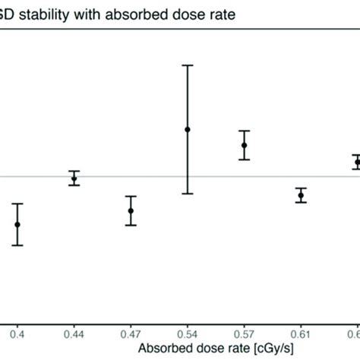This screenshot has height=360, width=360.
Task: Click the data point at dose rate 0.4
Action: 17,224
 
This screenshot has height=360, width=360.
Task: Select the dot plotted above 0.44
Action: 74,178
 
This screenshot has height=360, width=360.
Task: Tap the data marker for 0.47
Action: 131,210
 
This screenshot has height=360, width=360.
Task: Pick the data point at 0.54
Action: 188,130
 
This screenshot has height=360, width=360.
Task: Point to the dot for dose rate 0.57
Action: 244,145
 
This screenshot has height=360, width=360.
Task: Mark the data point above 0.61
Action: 301,195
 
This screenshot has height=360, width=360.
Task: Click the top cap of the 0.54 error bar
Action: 188,65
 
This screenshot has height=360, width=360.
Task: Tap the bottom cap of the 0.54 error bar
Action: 188,194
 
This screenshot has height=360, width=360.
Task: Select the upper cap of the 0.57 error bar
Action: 244,131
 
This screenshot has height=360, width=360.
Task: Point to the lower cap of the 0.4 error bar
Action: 17,245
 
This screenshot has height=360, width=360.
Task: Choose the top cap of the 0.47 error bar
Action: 131,197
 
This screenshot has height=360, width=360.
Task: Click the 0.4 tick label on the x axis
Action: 17,332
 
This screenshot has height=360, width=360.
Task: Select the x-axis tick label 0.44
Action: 74,332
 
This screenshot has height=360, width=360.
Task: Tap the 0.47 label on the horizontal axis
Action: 131,332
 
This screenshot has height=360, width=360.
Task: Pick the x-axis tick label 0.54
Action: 188,332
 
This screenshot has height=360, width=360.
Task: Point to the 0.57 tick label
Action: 244,332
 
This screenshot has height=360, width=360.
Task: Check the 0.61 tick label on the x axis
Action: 301,332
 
